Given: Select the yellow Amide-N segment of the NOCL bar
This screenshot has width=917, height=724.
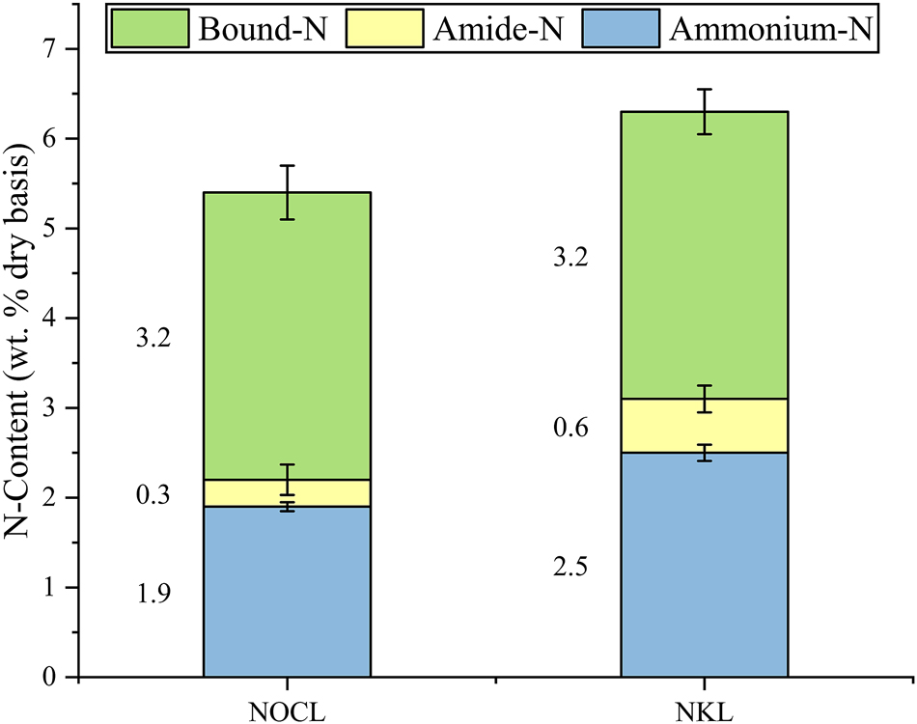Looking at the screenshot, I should [x=287, y=493].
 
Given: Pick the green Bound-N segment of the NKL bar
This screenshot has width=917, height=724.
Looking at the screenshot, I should [x=705, y=255].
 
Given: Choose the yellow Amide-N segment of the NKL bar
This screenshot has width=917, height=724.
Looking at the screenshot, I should [x=705, y=426].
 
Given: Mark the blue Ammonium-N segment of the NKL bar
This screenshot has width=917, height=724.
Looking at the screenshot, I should [x=705, y=565].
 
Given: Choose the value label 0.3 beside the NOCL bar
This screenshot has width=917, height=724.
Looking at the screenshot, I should [x=154, y=495].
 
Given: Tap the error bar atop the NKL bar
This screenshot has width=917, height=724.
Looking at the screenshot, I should [x=705, y=111].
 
